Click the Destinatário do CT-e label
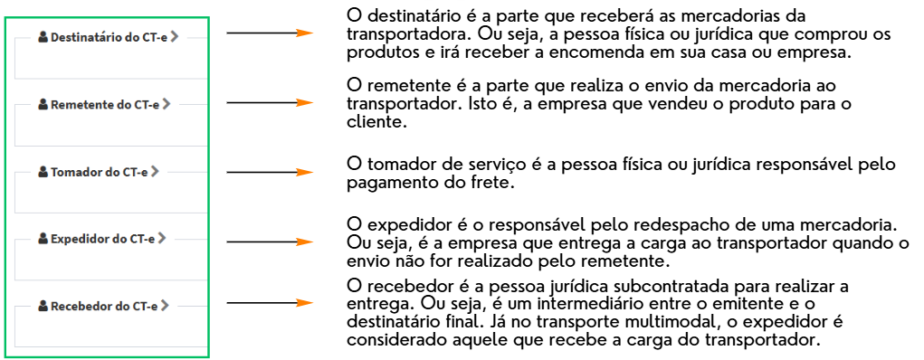109,37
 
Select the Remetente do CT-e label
105,104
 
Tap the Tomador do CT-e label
100,171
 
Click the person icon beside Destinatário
43,37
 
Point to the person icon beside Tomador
43,171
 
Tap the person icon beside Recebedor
43,306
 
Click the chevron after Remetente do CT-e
166,104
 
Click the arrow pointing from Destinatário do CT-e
269,33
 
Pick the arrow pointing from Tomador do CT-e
269,172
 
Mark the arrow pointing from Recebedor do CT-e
269,304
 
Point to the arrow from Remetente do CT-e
269,102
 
